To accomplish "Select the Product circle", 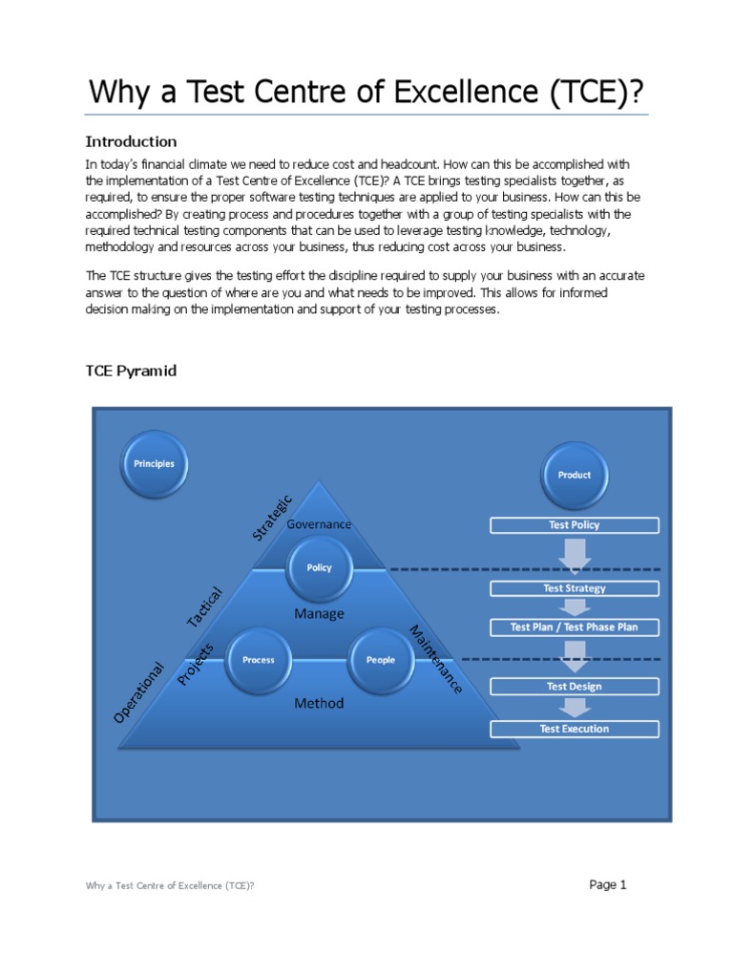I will pyautogui.click(x=574, y=475).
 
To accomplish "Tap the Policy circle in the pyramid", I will pyautogui.click(x=319, y=567).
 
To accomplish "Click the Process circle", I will pyautogui.click(x=258, y=660).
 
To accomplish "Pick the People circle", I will pyautogui.click(x=380, y=660).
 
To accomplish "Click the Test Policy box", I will pyautogui.click(x=574, y=525).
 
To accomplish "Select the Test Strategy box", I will pyautogui.click(x=574, y=588).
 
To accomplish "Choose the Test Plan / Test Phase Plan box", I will pyautogui.click(x=574, y=627).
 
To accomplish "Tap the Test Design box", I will pyautogui.click(x=574, y=686).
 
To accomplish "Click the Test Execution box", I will pyautogui.click(x=574, y=729).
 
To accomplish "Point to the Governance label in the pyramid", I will pyautogui.click(x=319, y=524).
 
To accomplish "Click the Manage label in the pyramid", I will pyautogui.click(x=319, y=614).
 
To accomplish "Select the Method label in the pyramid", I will pyautogui.click(x=319, y=703).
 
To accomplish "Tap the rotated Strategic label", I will pyautogui.click(x=272, y=517).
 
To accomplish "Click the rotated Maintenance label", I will pyautogui.click(x=436, y=660).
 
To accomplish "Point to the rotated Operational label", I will pyautogui.click(x=139, y=691).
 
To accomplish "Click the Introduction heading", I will pyautogui.click(x=132, y=141).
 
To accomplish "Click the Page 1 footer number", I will pyautogui.click(x=607, y=884).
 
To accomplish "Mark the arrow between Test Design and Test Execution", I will pyautogui.click(x=574, y=708).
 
